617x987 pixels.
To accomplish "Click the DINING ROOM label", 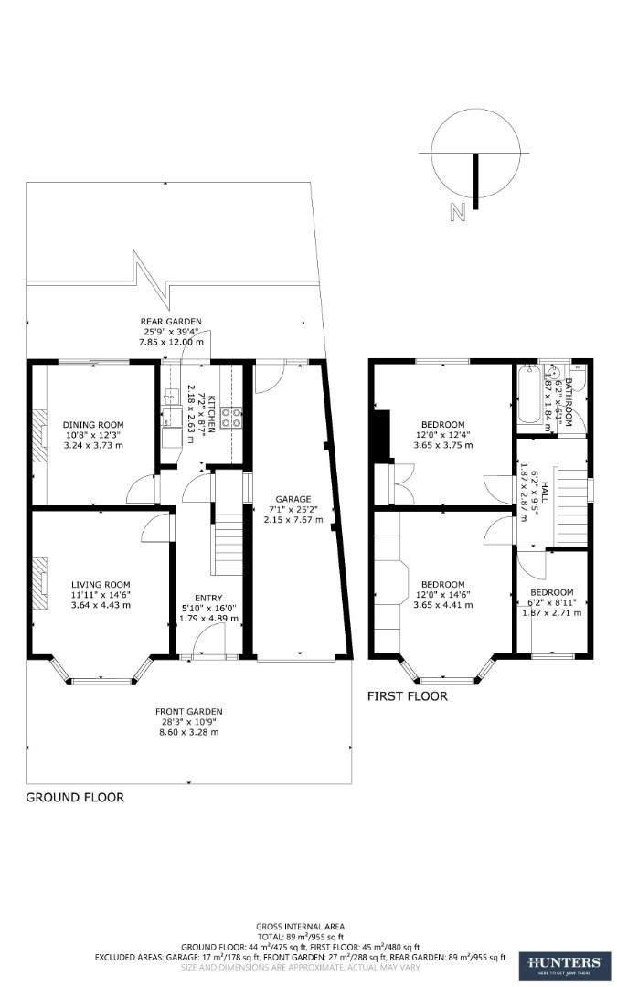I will coord(92,424).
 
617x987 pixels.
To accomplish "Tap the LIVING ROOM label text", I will coord(101,584).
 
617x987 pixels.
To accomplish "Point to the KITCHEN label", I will coord(210,413).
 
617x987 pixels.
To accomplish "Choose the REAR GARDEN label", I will coord(171,321).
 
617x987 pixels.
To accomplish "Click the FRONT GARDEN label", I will coord(189,712).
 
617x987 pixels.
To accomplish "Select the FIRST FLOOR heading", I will coord(407,696).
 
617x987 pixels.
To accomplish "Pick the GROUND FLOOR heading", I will coord(75,797).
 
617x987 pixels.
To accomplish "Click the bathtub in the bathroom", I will coord(527,395).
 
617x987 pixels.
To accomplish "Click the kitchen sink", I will coord(169,398).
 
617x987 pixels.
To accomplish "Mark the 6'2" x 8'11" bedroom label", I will coord(552,591).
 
